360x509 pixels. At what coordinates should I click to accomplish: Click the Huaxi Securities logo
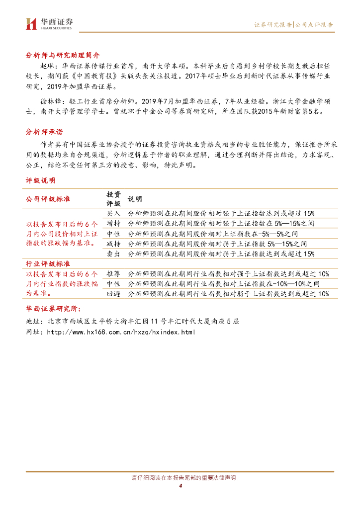[49, 23]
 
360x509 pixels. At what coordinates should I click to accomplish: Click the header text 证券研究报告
[273, 24]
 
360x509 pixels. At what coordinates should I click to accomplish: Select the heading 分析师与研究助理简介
[63, 55]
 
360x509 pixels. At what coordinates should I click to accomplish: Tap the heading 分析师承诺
[44, 132]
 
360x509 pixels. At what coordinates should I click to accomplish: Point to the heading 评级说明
[40, 180]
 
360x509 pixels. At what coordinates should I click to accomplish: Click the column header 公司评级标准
[48, 199]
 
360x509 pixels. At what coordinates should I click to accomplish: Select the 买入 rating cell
[113, 213]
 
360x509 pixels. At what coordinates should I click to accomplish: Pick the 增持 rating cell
[113, 223]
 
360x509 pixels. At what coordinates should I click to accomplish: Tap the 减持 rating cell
[113, 244]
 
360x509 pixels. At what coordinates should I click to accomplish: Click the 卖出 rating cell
[113, 254]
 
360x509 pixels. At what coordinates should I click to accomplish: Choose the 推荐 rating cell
[113, 273]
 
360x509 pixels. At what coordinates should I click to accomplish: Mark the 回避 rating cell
[113, 294]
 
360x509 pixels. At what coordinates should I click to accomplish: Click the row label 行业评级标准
[48, 263]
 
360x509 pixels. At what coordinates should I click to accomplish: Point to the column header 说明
[135, 199]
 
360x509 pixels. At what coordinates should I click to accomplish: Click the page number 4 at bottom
[180, 486]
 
